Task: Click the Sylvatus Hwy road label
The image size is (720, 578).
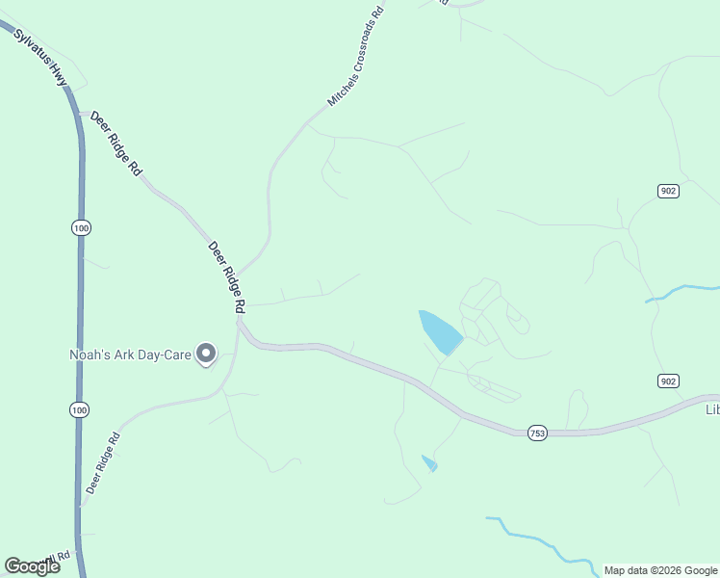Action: click(x=40, y=57)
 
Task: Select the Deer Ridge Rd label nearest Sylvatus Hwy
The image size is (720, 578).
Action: click(x=116, y=144)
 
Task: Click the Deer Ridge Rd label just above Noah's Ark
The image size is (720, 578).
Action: click(x=227, y=276)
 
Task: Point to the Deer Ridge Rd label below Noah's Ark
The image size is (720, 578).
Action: click(x=102, y=463)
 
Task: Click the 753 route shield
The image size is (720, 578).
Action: click(x=537, y=434)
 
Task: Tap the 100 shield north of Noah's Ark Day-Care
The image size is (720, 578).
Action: click(x=81, y=227)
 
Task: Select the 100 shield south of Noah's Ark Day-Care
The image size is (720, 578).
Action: click(x=80, y=410)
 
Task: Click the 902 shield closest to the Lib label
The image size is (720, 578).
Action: click(x=668, y=381)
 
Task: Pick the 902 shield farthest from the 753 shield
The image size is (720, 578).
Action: click(x=668, y=191)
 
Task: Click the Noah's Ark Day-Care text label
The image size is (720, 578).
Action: click(x=130, y=354)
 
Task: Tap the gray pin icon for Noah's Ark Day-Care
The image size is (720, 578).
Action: click(x=205, y=355)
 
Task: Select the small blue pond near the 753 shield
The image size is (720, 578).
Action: click(x=429, y=462)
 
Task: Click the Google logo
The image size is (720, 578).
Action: click(x=32, y=566)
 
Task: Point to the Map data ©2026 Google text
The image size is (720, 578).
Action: click(x=660, y=570)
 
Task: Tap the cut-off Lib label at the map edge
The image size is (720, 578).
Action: click(x=712, y=409)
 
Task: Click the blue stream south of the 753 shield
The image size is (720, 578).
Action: click(x=539, y=539)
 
